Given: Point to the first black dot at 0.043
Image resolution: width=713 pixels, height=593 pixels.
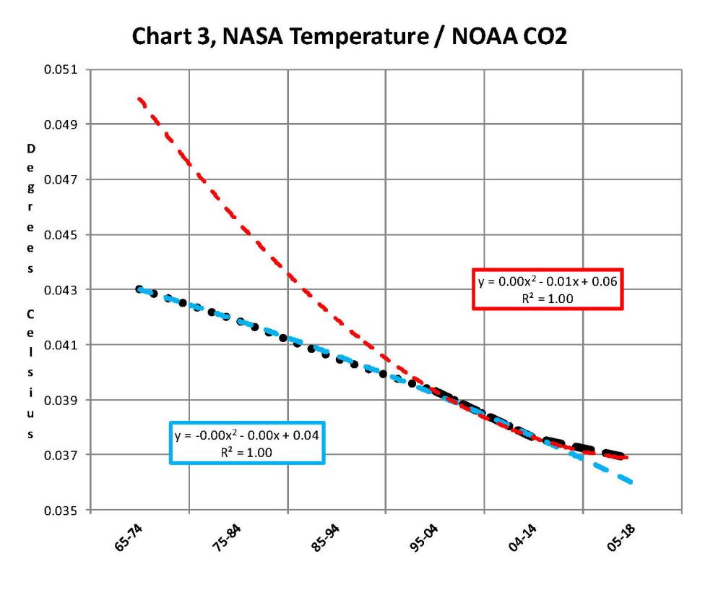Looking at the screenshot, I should click(x=139, y=289).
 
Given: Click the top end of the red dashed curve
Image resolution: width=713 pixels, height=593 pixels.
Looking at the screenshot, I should click(x=138, y=98).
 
